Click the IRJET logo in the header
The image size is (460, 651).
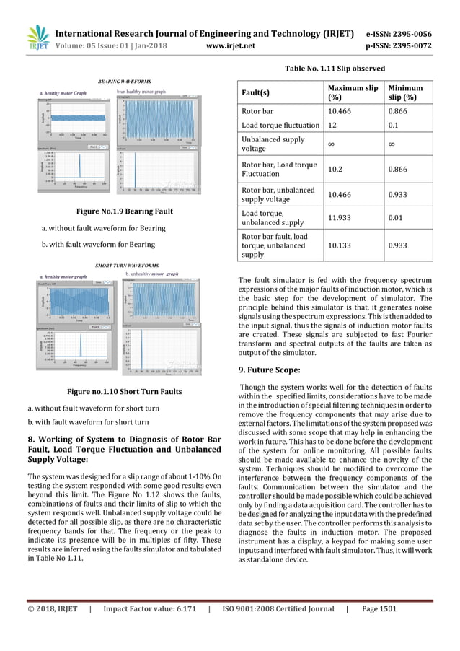point(36,37)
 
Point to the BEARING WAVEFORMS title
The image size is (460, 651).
point(119,82)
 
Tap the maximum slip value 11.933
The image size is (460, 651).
point(342,219)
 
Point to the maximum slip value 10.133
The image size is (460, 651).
point(342,245)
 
